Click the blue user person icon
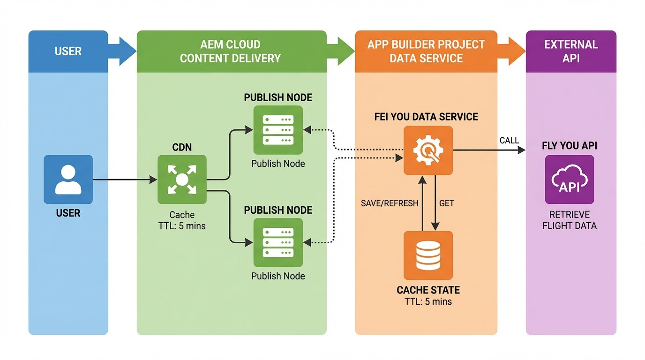point(68,180)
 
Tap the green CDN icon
point(182,180)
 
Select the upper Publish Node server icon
point(278,130)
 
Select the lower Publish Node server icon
point(278,242)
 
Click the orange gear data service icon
point(428,150)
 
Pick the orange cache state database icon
point(428,255)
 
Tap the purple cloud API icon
point(570,180)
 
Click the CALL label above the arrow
point(509,141)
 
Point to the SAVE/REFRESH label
point(390,203)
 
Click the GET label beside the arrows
point(447,203)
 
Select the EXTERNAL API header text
point(571,51)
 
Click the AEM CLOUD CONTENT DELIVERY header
point(230,51)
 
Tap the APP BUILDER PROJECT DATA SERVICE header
point(426,51)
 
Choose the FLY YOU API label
point(570,146)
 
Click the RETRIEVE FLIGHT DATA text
point(570,220)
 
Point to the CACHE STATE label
point(428,290)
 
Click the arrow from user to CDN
point(124,180)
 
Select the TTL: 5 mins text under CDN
point(182,225)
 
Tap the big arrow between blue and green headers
point(122,51)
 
